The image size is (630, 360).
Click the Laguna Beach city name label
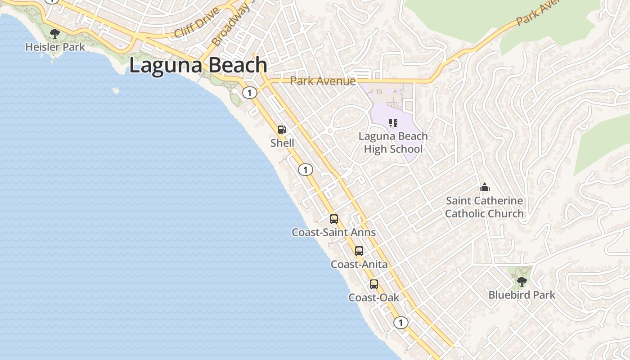[x=198, y=66]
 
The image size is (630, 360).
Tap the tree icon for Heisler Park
[x=55, y=33]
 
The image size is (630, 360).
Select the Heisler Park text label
[x=55, y=47]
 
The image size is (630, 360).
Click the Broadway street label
[x=230, y=24]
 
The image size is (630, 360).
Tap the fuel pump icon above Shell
[x=282, y=130]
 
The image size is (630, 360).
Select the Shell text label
[x=282, y=143]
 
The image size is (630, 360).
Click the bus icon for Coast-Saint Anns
[x=333, y=219]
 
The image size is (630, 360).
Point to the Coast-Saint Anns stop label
[x=333, y=233]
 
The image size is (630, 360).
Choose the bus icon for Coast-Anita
[x=359, y=251]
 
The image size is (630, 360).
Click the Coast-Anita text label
[x=359, y=265]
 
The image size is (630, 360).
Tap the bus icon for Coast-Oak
[x=374, y=284]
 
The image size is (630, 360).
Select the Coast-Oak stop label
[x=374, y=298]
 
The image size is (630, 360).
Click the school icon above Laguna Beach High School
[x=393, y=122]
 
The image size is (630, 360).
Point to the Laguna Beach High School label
[x=393, y=143]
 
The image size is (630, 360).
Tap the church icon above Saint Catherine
[x=484, y=187]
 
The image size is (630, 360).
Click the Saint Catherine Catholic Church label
[x=484, y=207]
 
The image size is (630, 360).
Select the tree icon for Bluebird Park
[x=522, y=282]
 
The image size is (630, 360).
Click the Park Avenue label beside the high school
[x=323, y=81]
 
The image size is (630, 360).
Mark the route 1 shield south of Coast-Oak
[x=400, y=323]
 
